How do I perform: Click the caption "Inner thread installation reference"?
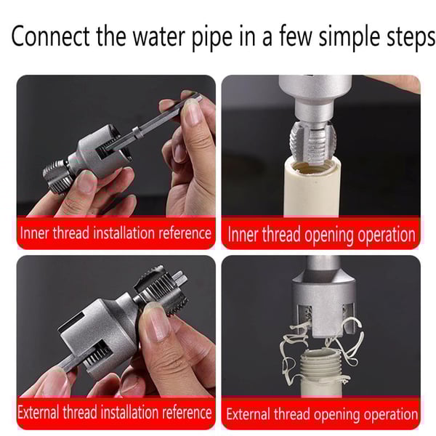[x=116, y=233]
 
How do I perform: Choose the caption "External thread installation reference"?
[x=116, y=413]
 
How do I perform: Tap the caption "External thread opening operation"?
[x=321, y=414]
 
